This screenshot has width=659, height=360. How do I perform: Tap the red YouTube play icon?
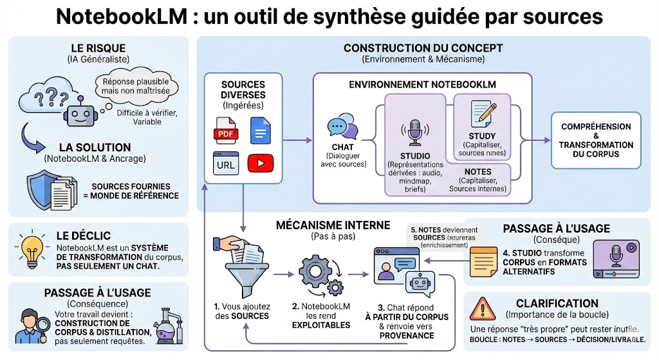(x=260, y=164)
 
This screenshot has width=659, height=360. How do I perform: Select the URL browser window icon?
(x=225, y=164)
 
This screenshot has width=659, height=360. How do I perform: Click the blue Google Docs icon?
(x=259, y=131)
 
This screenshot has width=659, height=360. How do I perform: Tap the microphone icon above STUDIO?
(x=414, y=131)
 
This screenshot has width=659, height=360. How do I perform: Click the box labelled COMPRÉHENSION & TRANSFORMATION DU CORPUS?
(x=596, y=140)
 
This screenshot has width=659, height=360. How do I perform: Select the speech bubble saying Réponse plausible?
(x=131, y=86)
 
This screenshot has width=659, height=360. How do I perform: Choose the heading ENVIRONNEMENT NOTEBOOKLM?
(x=422, y=84)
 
